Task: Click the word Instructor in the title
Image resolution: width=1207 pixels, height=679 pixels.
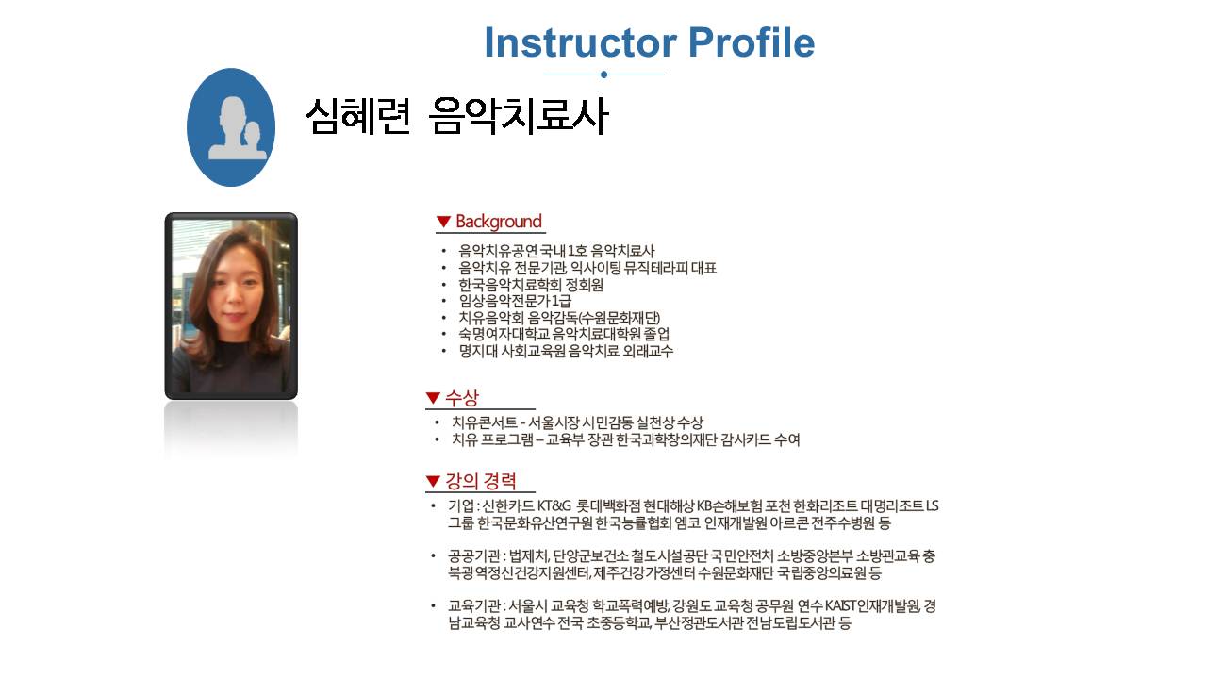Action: [x=580, y=42]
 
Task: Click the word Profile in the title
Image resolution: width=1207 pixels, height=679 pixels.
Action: [x=752, y=42]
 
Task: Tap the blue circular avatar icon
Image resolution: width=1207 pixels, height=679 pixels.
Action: [x=231, y=127]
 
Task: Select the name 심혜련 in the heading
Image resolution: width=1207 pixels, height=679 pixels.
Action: [x=357, y=116]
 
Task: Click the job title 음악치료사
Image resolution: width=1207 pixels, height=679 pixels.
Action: [x=519, y=116]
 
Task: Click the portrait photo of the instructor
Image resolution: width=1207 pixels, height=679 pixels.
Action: [x=231, y=306]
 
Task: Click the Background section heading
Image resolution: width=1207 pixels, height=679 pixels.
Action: [x=499, y=222]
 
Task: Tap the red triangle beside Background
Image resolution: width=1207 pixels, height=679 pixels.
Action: [x=443, y=222]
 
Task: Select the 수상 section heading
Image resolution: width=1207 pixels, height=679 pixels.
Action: [x=462, y=398]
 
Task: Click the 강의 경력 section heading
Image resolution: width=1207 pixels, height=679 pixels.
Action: [x=481, y=481]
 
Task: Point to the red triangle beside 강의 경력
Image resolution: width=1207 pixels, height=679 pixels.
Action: [x=433, y=481]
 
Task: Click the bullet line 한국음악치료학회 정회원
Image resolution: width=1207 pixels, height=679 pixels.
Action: [x=531, y=285]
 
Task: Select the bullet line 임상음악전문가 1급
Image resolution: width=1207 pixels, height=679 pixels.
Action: [x=515, y=301]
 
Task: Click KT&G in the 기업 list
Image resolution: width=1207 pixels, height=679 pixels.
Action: [x=554, y=506]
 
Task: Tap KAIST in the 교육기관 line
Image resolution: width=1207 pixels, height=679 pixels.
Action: [x=840, y=606]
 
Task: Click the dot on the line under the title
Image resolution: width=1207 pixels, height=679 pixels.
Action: [x=604, y=75]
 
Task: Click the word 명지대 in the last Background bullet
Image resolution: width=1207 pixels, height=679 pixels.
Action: [x=478, y=352]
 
